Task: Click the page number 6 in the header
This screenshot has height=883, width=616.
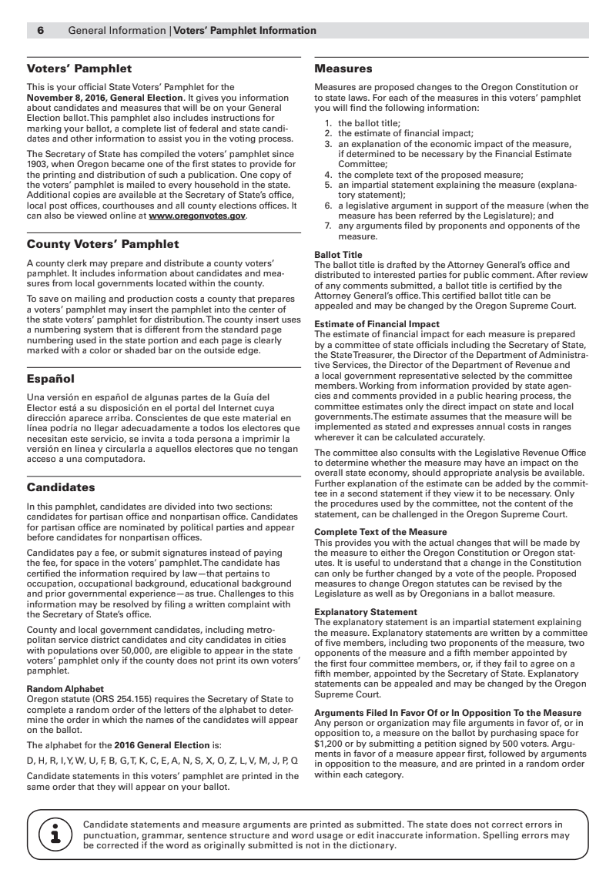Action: (41, 31)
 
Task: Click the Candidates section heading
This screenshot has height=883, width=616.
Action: (61, 487)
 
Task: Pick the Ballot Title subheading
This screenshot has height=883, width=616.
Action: (339, 255)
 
